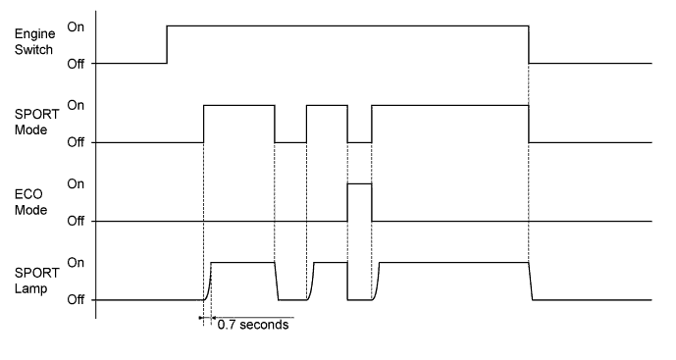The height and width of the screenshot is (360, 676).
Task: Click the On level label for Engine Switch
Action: tap(75, 26)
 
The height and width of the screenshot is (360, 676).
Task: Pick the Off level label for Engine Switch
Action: tap(75, 64)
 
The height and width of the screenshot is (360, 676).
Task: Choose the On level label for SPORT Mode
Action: tap(75, 104)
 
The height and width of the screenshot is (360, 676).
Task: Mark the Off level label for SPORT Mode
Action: tap(75, 142)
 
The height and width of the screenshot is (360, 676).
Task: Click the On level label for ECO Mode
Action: tap(75, 182)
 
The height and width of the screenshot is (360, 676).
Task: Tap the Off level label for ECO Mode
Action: tap(75, 221)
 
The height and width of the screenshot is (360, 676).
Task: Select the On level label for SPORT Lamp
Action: tap(75, 262)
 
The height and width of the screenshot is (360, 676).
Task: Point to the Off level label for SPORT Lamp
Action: tap(75, 299)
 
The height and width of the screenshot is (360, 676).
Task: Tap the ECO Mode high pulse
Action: tap(360, 183)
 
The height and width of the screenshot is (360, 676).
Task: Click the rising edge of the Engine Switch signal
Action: tap(167, 44)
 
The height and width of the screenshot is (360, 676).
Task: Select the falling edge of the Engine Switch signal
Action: tap(529, 44)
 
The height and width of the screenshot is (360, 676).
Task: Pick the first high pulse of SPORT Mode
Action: tap(238, 105)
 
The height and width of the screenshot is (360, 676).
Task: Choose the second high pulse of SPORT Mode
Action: tap(327, 105)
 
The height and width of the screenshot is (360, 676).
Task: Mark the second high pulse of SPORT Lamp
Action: tap(331, 262)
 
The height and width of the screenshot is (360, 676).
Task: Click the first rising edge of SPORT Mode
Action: tap(203, 124)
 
